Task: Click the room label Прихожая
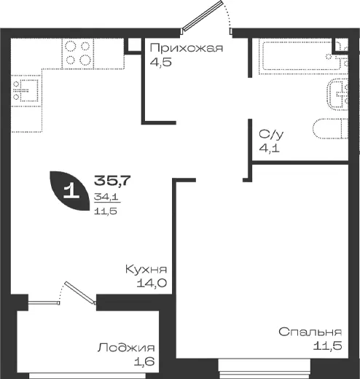[x=187, y=48]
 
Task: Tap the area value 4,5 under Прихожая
[x=161, y=62]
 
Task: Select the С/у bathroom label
[x=271, y=134]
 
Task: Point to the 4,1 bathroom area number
[x=269, y=148]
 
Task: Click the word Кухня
[x=146, y=270]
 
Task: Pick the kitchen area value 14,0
[x=152, y=283]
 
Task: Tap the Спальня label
[x=310, y=332]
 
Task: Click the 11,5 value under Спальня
[x=327, y=345]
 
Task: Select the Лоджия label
[x=126, y=348]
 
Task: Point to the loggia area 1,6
[x=144, y=362]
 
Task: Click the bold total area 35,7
[x=112, y=180]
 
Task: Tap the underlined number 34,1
[x=106, y=196]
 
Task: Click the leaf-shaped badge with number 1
[x=69, y=191]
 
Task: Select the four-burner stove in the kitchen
[x=78, y=53]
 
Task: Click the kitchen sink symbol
[x=26, y=90]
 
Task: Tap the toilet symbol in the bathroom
[x=331, y=129]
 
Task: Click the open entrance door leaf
[x=203, y=16]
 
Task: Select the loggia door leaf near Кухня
[x=80, y=292]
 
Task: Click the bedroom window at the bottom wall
[x=265, y=369]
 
